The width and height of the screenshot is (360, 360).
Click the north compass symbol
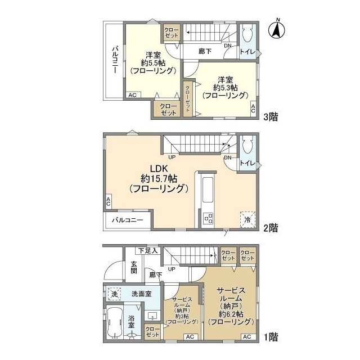[x=278, y=29]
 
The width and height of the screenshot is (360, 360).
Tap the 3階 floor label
[x=271, y=117]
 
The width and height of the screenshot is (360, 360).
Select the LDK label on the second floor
[x=159, y=168]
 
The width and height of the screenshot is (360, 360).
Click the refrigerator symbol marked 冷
[x=247, y=219]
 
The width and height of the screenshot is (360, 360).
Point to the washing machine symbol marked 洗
[x=114, y=294]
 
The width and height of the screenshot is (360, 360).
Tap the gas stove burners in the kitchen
[x=208, y=218]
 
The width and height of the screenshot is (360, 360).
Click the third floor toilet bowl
[x=247, y=34]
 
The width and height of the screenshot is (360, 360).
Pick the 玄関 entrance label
[x=134, y=268]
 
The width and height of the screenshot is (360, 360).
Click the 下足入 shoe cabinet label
[x=148, y=251]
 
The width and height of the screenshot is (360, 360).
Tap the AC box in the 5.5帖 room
[x=133, y=95]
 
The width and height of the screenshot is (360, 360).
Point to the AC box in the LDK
[x=109, y=202]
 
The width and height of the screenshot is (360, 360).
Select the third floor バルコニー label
[x=115, y=60]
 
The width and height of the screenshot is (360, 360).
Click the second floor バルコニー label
[x=128, y=220]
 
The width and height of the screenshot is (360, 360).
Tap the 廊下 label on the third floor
[x=205, y=51]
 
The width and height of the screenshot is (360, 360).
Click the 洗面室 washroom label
[x=142, y=294]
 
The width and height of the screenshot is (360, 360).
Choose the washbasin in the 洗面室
[x=152, y=315]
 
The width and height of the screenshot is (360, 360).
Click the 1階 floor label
[x=271, y=337]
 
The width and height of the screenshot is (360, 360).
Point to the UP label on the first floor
[x=172, y=269]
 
